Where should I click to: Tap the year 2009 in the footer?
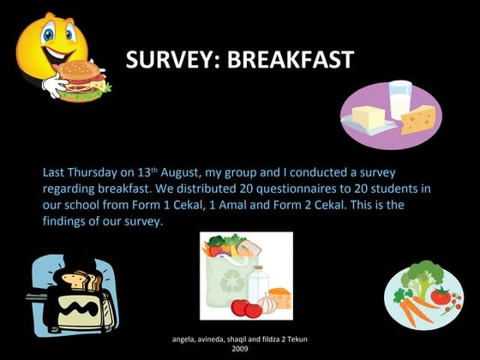click(240, 349)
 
